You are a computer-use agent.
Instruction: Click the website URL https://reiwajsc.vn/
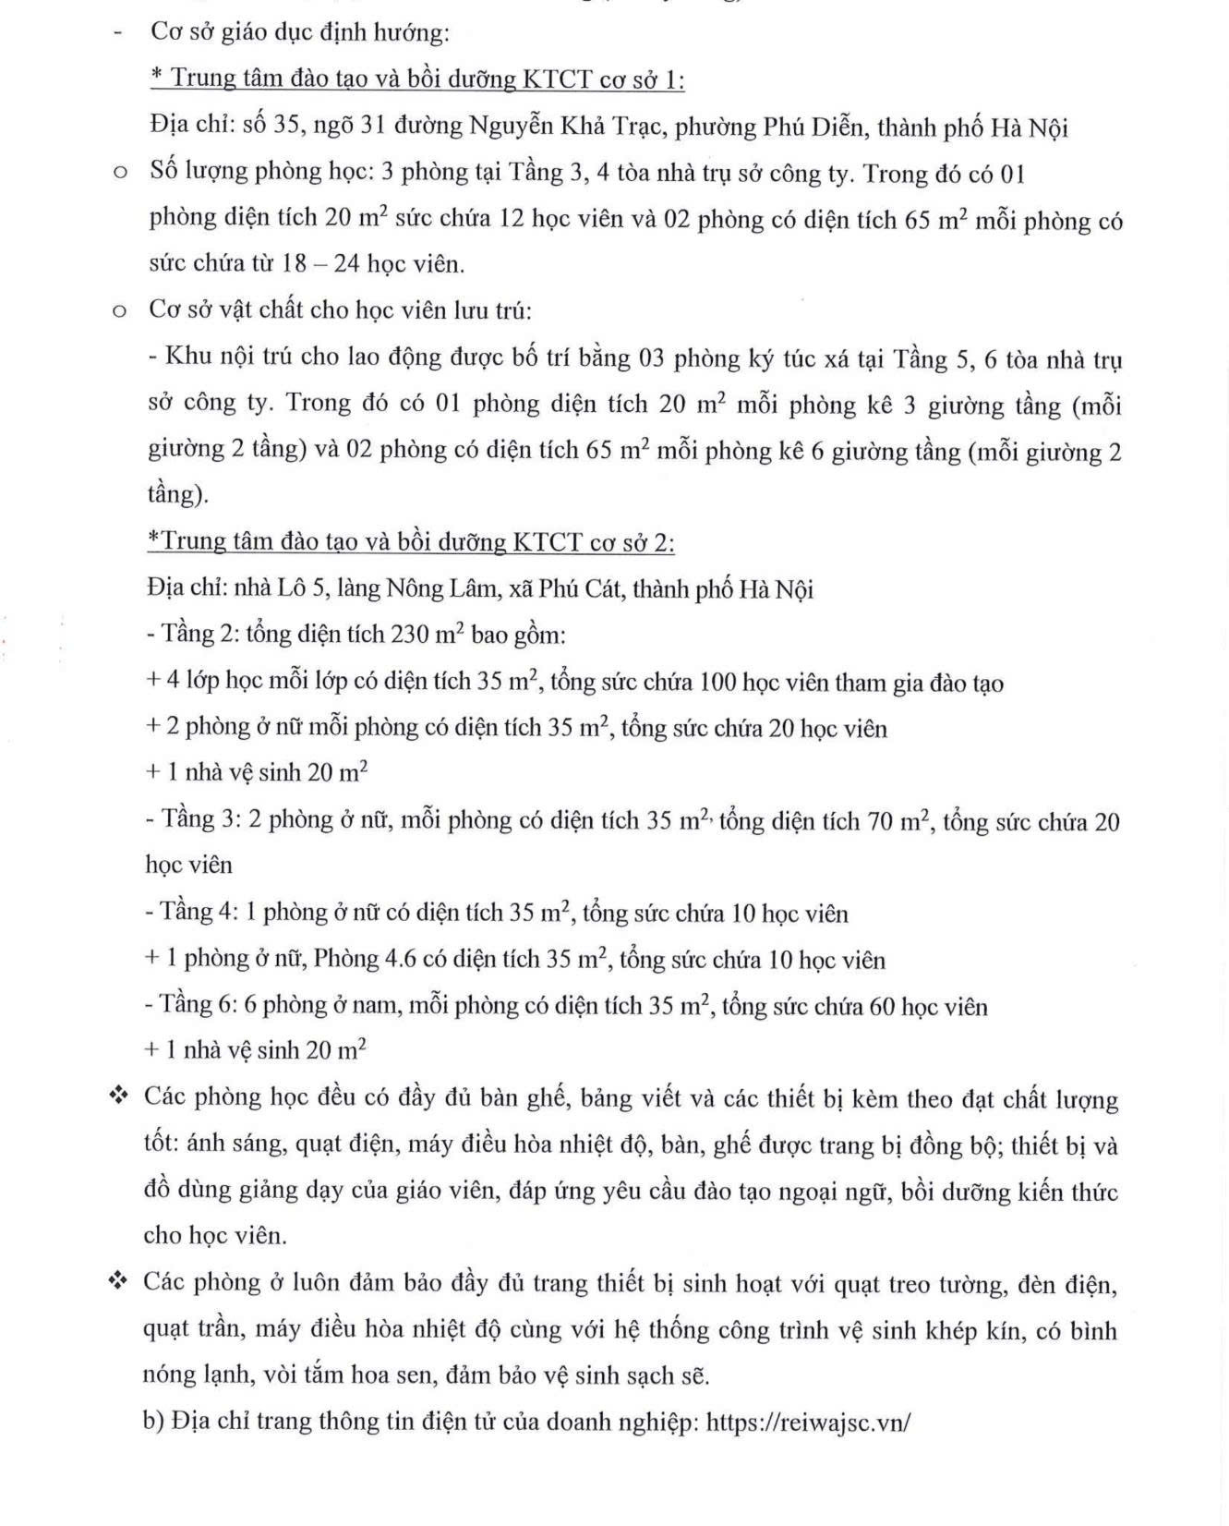click(x=808, y=1422)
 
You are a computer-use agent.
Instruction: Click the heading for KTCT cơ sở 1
click(x=417, y=79)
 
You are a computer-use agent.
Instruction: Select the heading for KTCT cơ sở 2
click(x=411, y=541)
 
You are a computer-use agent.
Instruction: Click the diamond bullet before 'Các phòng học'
click(x=117, y=1096)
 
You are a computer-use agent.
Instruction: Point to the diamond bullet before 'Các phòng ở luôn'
click(x=117, y=1281)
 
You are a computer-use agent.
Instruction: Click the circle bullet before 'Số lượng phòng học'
click(x=118, y=174)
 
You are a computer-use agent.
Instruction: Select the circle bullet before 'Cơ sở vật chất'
click(x=118, y=311)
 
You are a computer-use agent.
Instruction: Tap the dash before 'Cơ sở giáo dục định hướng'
click(x=117, y=33)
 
